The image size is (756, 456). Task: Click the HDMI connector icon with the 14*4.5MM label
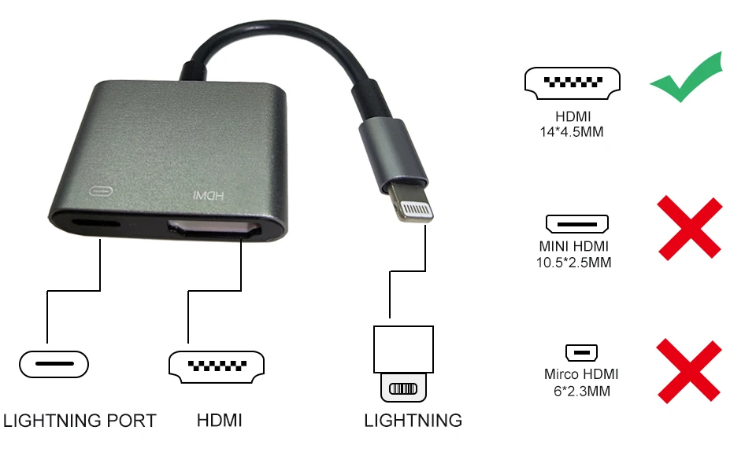click(x=572, y=83)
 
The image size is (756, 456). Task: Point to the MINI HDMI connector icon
click(x=577, y=222)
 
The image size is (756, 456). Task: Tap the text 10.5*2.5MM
click(x=573, y=263)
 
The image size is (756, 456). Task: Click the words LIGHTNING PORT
click(x=80, y=421)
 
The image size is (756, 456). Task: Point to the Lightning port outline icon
click(x=54, y=364)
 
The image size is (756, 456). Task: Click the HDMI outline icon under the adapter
click(x=217, y=366)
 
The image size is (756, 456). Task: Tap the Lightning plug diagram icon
click(x=402, y=362)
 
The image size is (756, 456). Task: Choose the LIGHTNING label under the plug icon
click(x=413, y=421)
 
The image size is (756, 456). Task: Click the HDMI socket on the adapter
click(x=214, y=231)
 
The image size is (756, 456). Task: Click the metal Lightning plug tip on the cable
click(x=413, y=208)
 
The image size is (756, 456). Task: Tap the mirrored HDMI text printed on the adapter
click(x=209, y=194)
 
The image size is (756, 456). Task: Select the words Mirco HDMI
click(x=581, y=374)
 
